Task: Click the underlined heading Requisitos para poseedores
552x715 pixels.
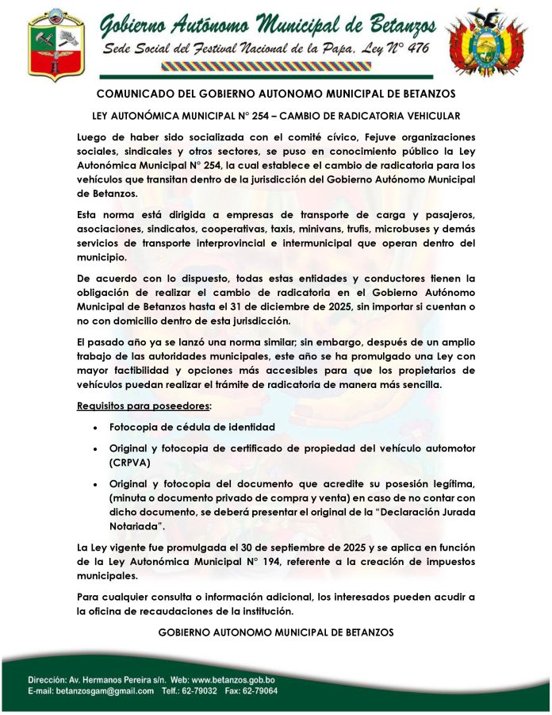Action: click(144, 406)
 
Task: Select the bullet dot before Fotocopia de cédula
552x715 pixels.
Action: click(95, 427)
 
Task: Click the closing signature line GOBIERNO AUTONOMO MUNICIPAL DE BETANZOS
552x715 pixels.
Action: click(275, 632)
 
